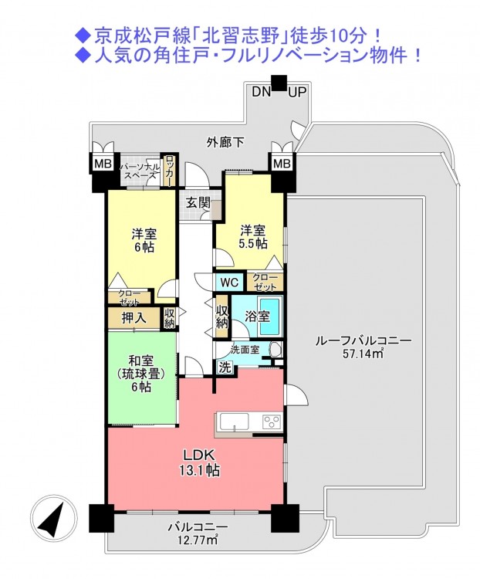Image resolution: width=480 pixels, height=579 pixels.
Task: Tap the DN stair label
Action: click(262, 92)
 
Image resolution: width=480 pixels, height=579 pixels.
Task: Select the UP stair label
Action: click(297, 92)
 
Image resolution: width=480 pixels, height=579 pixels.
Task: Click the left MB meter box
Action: click(103, 163)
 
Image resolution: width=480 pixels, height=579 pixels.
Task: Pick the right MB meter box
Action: click(282, 163)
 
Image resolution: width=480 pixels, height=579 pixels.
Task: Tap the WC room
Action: click(230, 283)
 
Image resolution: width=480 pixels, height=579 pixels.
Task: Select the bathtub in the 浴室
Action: click(270, 317)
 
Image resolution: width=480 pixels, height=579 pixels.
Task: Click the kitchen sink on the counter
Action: click(235, 422)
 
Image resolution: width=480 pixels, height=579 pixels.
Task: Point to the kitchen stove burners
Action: click(272, 422)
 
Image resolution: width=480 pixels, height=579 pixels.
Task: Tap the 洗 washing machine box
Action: click(225, 367)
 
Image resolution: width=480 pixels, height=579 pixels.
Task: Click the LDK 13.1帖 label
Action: click(200, 463)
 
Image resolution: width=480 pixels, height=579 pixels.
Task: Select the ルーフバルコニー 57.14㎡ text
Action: click(363, 347)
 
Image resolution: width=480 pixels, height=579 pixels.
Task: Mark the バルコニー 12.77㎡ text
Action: click(198, 534)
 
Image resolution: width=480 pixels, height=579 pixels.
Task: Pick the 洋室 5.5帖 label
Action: click(253, 238)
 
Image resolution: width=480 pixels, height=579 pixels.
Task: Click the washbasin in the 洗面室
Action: click(275, 350)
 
